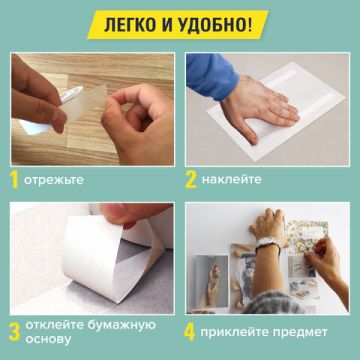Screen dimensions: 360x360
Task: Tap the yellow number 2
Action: [191, 180]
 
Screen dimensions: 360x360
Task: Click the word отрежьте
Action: [57, 181]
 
